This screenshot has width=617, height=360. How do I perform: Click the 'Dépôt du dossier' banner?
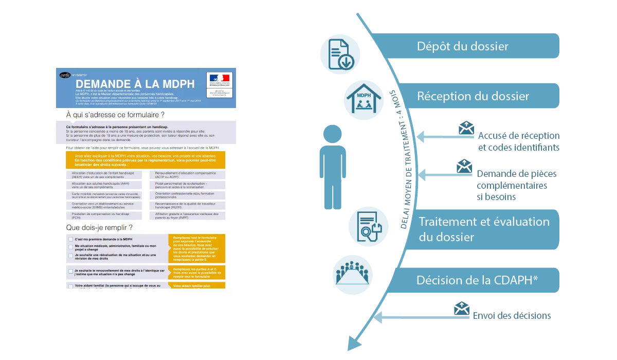tap(463, 46)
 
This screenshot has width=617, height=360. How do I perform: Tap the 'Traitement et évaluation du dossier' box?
tap(483, 229)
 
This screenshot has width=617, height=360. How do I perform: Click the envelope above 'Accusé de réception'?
tap(466, 128)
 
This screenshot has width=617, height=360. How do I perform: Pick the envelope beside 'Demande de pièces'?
tap(464, 166)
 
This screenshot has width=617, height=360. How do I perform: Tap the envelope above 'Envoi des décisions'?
tap(462, 308)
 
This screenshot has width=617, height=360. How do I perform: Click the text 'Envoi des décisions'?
tap(512, 316)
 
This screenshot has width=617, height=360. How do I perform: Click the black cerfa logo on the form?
tap(65, 76)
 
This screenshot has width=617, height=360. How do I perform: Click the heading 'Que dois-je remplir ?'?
tap(99, 227)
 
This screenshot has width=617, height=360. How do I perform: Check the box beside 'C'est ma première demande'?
tap(70, 239)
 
